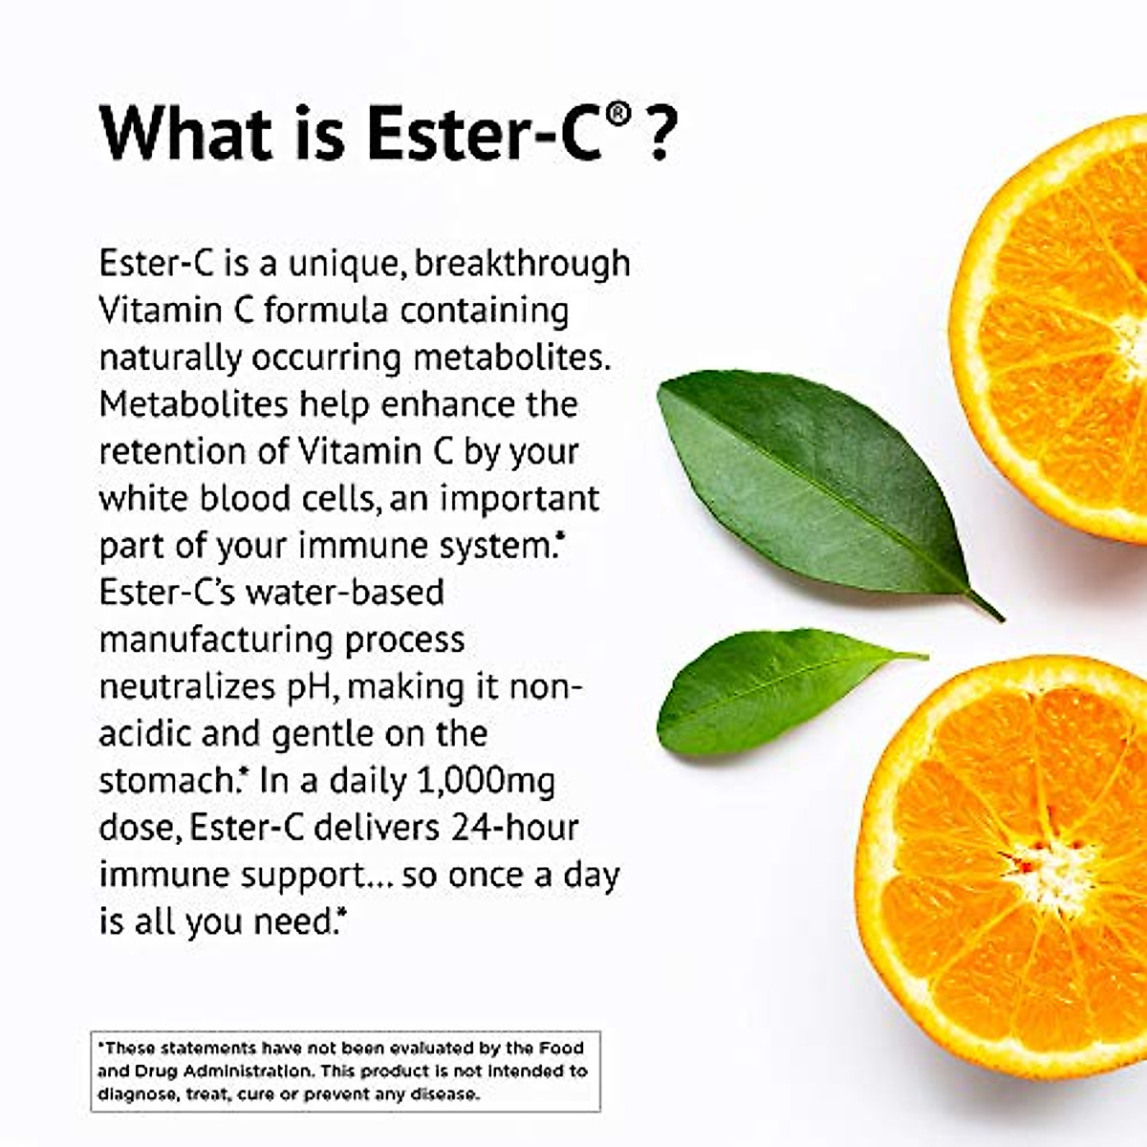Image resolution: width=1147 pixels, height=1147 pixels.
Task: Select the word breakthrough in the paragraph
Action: pos(522,263)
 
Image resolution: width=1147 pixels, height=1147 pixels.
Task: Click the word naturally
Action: pos(170,358)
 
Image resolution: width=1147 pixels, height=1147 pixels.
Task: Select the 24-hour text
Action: pos(514,828)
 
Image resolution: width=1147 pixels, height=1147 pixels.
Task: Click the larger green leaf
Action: pos(812,478)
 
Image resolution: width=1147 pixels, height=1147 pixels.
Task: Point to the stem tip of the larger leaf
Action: pos(999,617)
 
